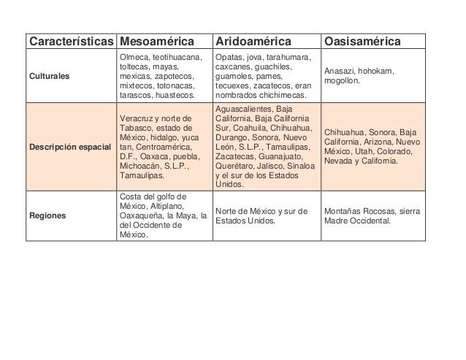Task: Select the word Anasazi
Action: [340, 71]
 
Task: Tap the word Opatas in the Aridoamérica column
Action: [229, 57]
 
